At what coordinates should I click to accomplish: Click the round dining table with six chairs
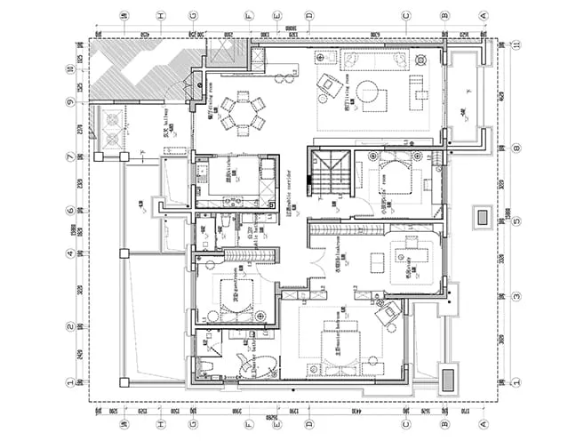pyautogui.click(x=243, y=112)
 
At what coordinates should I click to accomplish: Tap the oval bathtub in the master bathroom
pyautogui.click(x=242, y=362)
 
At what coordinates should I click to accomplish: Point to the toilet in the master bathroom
pyautogui.click(x=205, y=365)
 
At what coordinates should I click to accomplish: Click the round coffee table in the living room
pyautogui.click(x=372, y=92)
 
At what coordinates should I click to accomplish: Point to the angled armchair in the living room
pyautogui.click(x=327, y=85)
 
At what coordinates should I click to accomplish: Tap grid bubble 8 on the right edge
pyautogui.click(x=516, y=148)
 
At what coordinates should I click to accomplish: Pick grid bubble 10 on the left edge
pyautogui.click(x=69, y=68)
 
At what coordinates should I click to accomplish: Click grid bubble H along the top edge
pyautogui.click(x=161, y=15)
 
